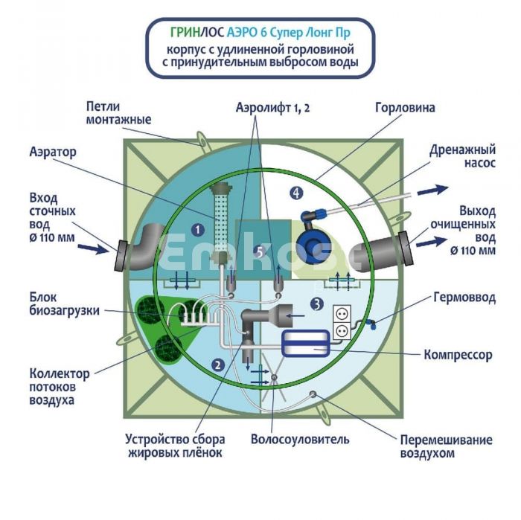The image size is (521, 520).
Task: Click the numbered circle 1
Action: pos(198,230)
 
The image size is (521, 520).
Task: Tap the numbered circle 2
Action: pos(217,365)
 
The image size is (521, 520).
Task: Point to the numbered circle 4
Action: pos(297,193)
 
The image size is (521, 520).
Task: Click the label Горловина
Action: pos(405,108)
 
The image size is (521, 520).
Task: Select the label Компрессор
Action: pos(458,355)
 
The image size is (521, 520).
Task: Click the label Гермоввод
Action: pos(463,297)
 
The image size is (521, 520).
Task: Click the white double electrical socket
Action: pos(340,320)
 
